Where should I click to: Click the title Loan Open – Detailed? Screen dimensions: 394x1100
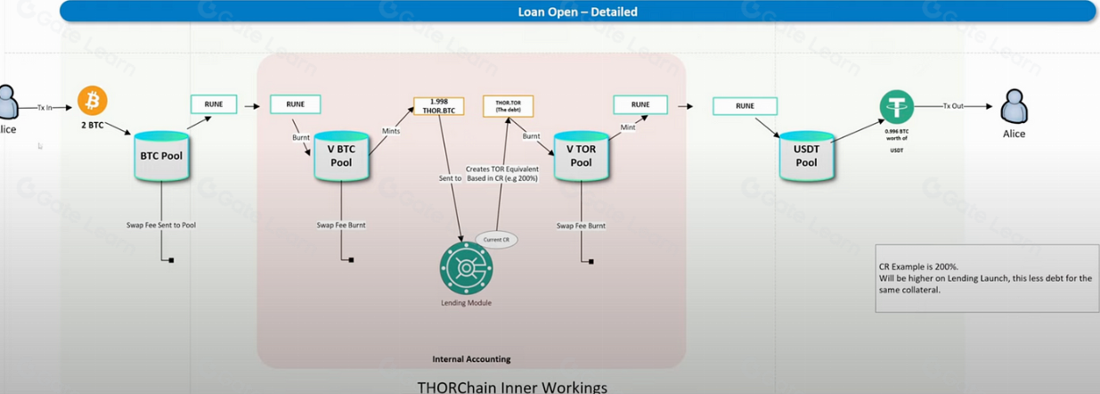pyautogui.click(x=577, y=12)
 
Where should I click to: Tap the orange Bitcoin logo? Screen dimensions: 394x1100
pyautogui.click(x=92, y=100)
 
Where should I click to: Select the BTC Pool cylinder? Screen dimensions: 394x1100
pyautogui.click(x=161, y=157)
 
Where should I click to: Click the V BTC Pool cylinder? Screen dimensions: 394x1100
pyautogui.click(x=341, y=158)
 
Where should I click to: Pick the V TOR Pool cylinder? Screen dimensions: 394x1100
pyautogui.click(x=581, y=158)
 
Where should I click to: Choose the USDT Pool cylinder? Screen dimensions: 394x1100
pyautogui.click(x=806, y=158)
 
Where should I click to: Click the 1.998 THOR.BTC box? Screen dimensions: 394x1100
pyautogui.click(x=439, y=106)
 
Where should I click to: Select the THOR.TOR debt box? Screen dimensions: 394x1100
pyautogui.click(x=508, y=106)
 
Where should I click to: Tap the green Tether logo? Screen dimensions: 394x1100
pyautogui.click(x=896, y=107)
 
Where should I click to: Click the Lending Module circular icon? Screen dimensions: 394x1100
pyautogui.click(x=465, y=267)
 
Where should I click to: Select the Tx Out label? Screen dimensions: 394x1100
pyautogui.click(x=954, y=106)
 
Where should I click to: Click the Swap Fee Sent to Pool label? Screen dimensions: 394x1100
pyautogui.click(x=161, y=226)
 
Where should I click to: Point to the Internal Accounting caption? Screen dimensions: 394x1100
pyautogui.click(x=471, y=359)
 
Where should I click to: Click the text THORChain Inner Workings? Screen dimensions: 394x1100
pyautogui.click(x=512, y=387)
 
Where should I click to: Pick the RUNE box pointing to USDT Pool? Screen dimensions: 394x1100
pyautogui.click(x=745, y=106)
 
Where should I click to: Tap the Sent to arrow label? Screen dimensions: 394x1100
pyautogui.click(x=450, y=178)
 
